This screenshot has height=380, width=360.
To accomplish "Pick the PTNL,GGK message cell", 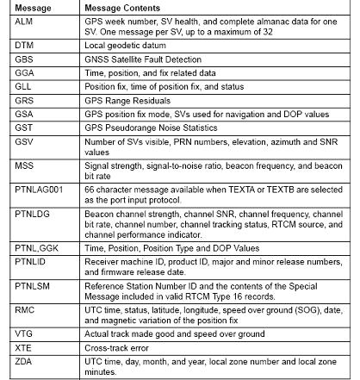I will [x=38, y=246].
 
